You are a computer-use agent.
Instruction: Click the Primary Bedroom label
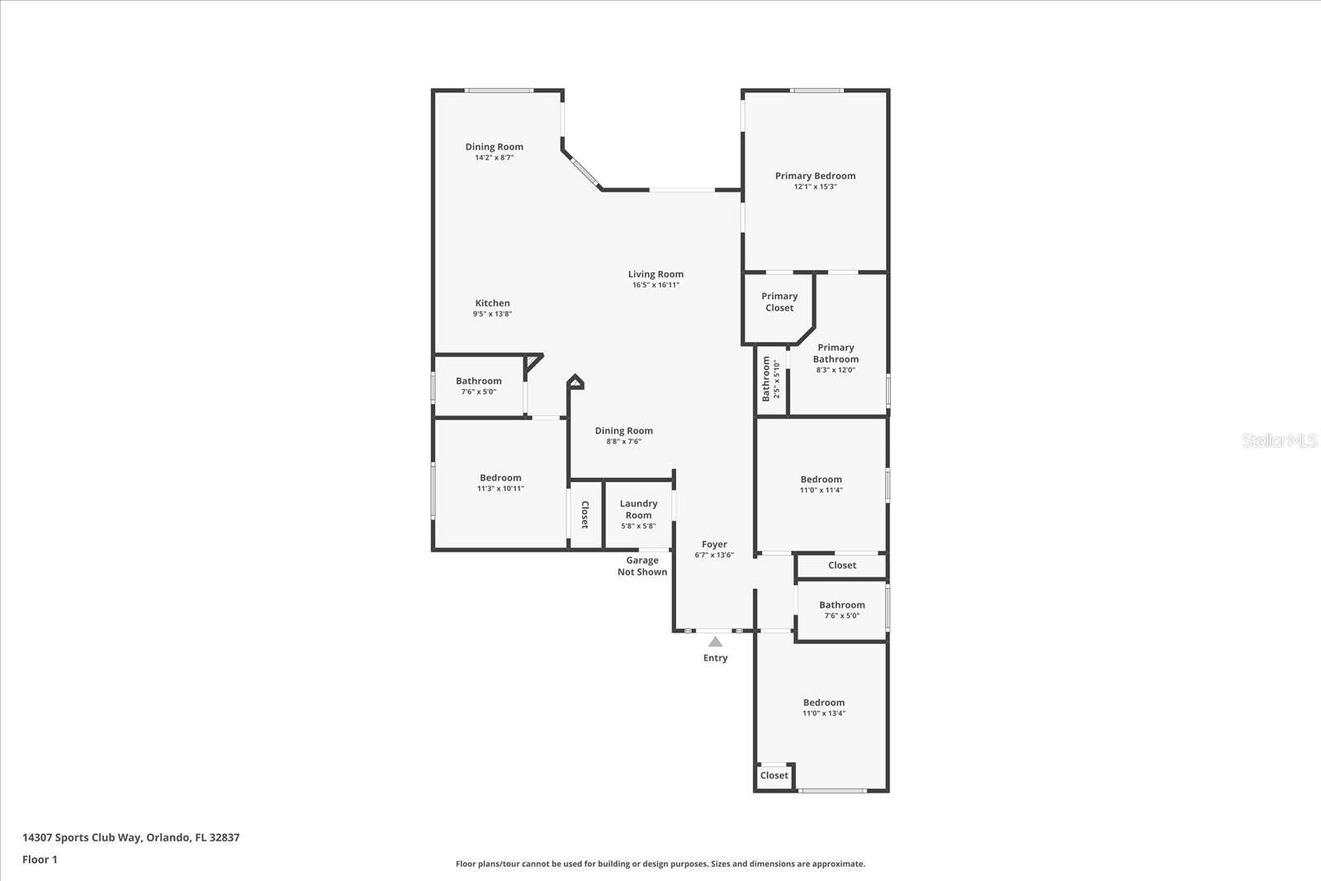pyautogui.click(x=815, y=176)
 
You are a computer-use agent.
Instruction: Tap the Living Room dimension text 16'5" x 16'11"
pyautogui.click(x=656, y=285)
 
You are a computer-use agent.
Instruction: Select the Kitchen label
pyautogui.click(x=492, y=303)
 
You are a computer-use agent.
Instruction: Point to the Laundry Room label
pyautogui.click(x=638, y=509)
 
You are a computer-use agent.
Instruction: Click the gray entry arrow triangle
pyautogui.click(x=715, y=642)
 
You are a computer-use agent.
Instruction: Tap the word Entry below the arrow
pyautogui.click(x=715, y=658)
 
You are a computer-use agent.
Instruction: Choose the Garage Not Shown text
pyautogui.click(x=642, y=566)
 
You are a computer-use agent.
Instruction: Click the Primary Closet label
pyautogui.click(x=779, y=301)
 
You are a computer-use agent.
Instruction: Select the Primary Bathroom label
pyautogui.click(x=836, y=353)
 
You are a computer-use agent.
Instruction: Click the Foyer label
pyautogui.click(x=714, y=544)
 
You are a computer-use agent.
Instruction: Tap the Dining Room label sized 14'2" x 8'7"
pyautogui.click(x=494, y=147)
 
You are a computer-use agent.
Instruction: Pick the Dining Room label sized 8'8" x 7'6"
pyautogui.click(x=623, y=431)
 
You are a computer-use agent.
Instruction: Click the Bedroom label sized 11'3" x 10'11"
pyautogui.click(x=500, y=478)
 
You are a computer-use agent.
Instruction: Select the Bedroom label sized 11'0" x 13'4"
pyautogui.click(x=823, y=703)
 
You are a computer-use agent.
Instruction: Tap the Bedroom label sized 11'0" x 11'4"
pyautogui.click(x=821, y=480)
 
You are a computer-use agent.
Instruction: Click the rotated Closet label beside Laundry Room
pyautogui.click(x=585, y=514)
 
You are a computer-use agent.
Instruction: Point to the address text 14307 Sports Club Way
pyautogui.click(x=130, y=837)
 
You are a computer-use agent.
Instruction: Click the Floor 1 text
pyautogui.click(x=40, y=860)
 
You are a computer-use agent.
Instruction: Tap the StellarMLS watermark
pyautogui.click(x=1279, y=440)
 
